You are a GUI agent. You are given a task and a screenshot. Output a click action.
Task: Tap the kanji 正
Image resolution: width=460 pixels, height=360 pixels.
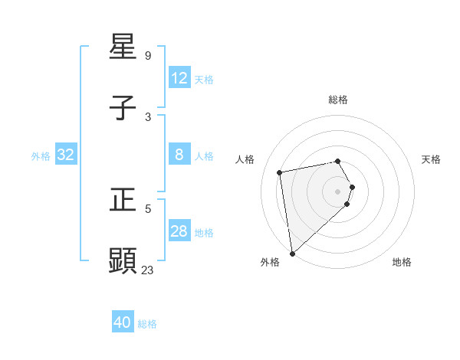[x=123, y=200]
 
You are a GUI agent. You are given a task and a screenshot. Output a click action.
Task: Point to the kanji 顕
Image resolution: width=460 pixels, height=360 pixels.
[x=123, y=260]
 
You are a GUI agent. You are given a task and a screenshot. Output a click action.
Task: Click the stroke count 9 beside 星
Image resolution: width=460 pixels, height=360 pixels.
[x=148, y=56]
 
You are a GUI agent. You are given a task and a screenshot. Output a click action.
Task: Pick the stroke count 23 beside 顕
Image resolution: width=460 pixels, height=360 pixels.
[x=148, y=270]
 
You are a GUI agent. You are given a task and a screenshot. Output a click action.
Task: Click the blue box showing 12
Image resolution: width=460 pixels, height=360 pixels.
[x=179, y=78]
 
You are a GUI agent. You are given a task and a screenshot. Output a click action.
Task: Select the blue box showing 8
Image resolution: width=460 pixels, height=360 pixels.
[x=179, y=155]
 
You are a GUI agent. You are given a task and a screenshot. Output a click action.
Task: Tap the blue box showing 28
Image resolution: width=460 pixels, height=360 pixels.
[x=179, y=231]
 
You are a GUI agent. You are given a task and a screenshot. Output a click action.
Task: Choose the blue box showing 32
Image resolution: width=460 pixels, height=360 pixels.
[x=66, y=155]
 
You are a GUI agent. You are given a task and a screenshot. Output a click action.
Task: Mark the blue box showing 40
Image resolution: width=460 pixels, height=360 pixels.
[x=123, y=322]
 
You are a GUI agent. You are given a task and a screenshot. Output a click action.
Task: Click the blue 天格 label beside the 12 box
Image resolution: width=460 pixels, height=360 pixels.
[x=203, y=79]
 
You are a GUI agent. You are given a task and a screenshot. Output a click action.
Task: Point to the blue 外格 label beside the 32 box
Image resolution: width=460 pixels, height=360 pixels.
[x=41, y=155]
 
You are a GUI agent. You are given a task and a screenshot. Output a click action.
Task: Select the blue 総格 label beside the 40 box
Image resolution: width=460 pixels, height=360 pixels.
[x=147, y=323]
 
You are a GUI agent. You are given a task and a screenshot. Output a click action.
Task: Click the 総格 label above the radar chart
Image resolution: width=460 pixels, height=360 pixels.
[x=338, y=100]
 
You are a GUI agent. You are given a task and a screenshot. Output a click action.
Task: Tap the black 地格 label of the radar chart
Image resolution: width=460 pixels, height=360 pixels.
[x=402, y=262]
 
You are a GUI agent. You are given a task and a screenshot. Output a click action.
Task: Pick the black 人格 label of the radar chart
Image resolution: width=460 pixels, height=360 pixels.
[x=245, y=159]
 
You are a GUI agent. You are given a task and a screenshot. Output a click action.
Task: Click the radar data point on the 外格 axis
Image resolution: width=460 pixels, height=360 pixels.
[x=292, y=253]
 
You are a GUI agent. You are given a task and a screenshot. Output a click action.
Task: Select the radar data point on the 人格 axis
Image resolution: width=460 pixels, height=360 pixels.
[x=280, y=172]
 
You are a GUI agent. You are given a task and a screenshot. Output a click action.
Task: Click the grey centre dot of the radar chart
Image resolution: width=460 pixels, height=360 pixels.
[x=338, y=191]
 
